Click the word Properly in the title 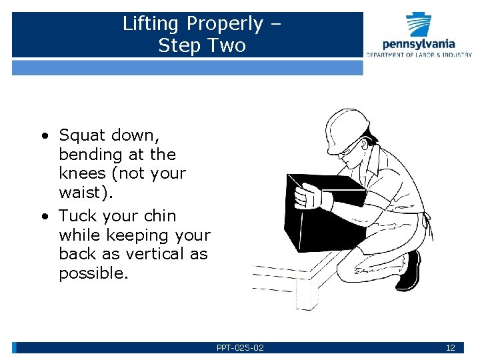tap(225, 25)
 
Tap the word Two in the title tap(227, 46)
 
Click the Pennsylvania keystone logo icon tap(419, 25)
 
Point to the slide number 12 tap(450, 348)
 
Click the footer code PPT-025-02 tap(240, 348)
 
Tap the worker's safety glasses tap(351, 151)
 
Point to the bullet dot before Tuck tap(45, 217)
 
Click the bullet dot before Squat tap(45, 136)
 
